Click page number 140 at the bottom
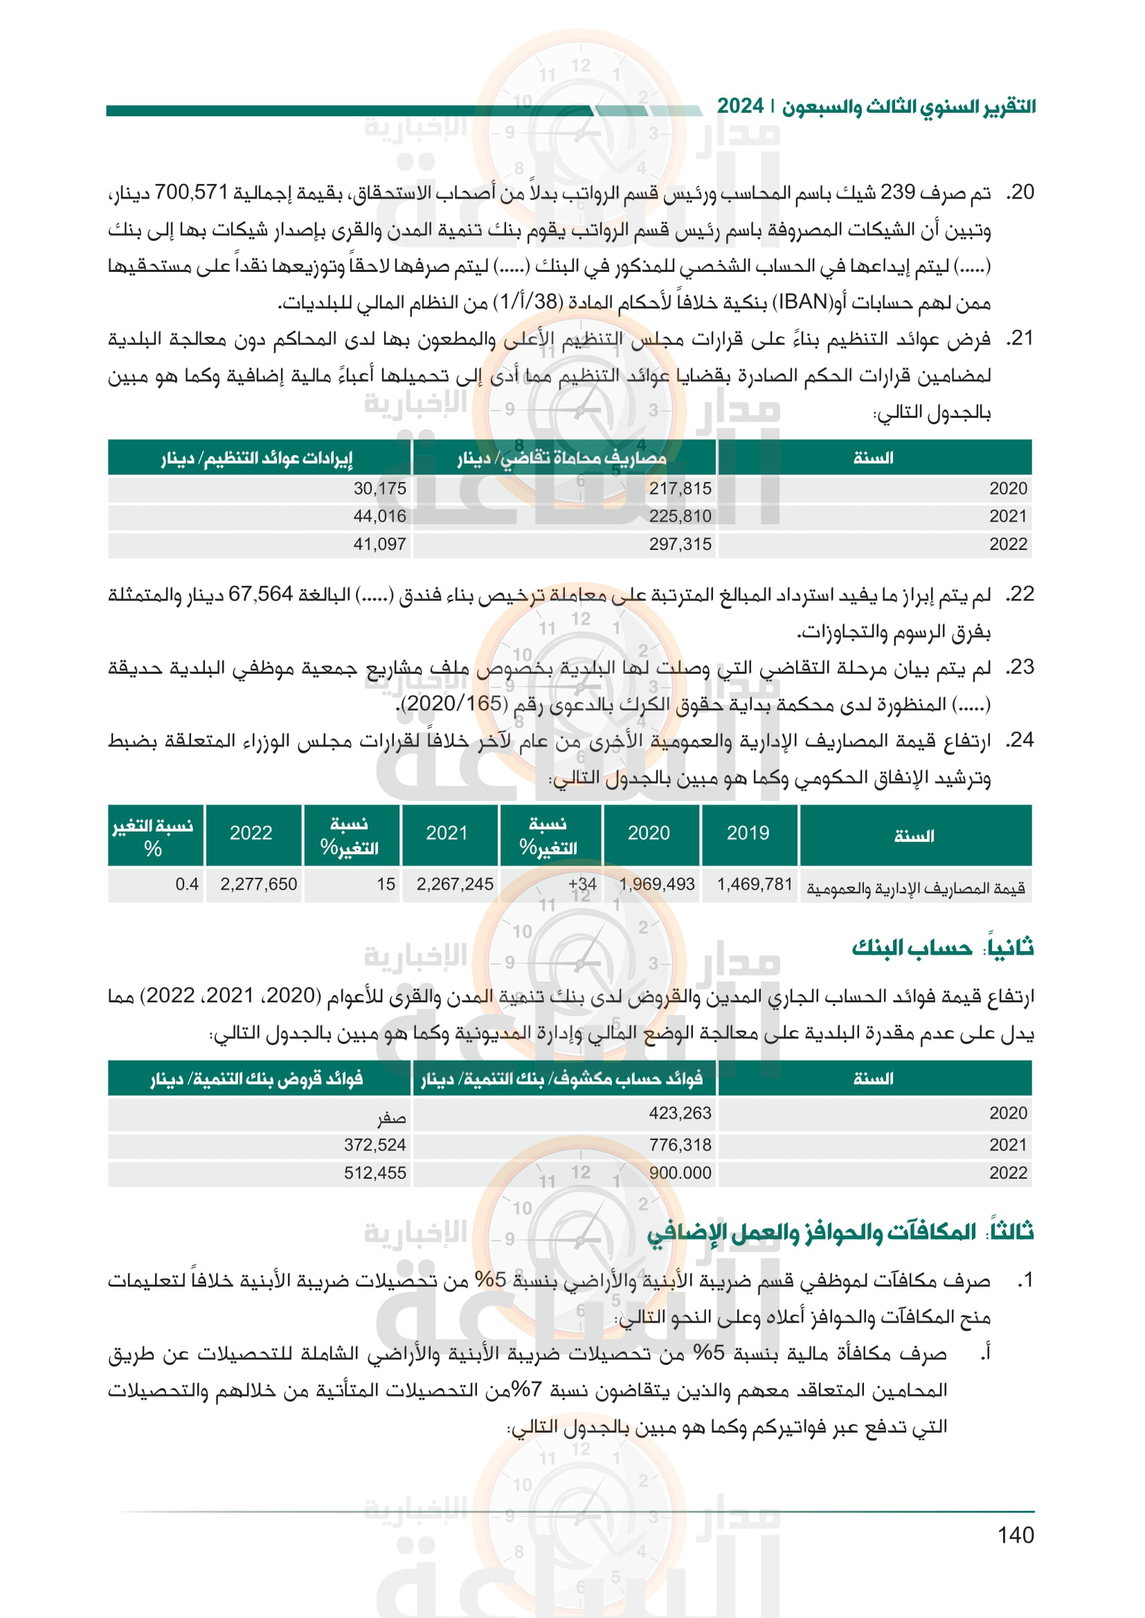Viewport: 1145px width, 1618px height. coord(1016,1535)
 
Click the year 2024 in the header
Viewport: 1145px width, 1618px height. coord(740,107)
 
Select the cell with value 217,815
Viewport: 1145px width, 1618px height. coord(680,488)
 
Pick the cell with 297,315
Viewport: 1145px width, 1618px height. coord(680,544)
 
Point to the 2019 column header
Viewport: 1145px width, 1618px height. coord(748,833)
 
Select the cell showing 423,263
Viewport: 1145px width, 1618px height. coord(680,1113)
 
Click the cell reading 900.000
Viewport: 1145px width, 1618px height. coord(680,1173)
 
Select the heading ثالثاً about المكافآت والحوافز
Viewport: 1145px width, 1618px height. coord(840,1231)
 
